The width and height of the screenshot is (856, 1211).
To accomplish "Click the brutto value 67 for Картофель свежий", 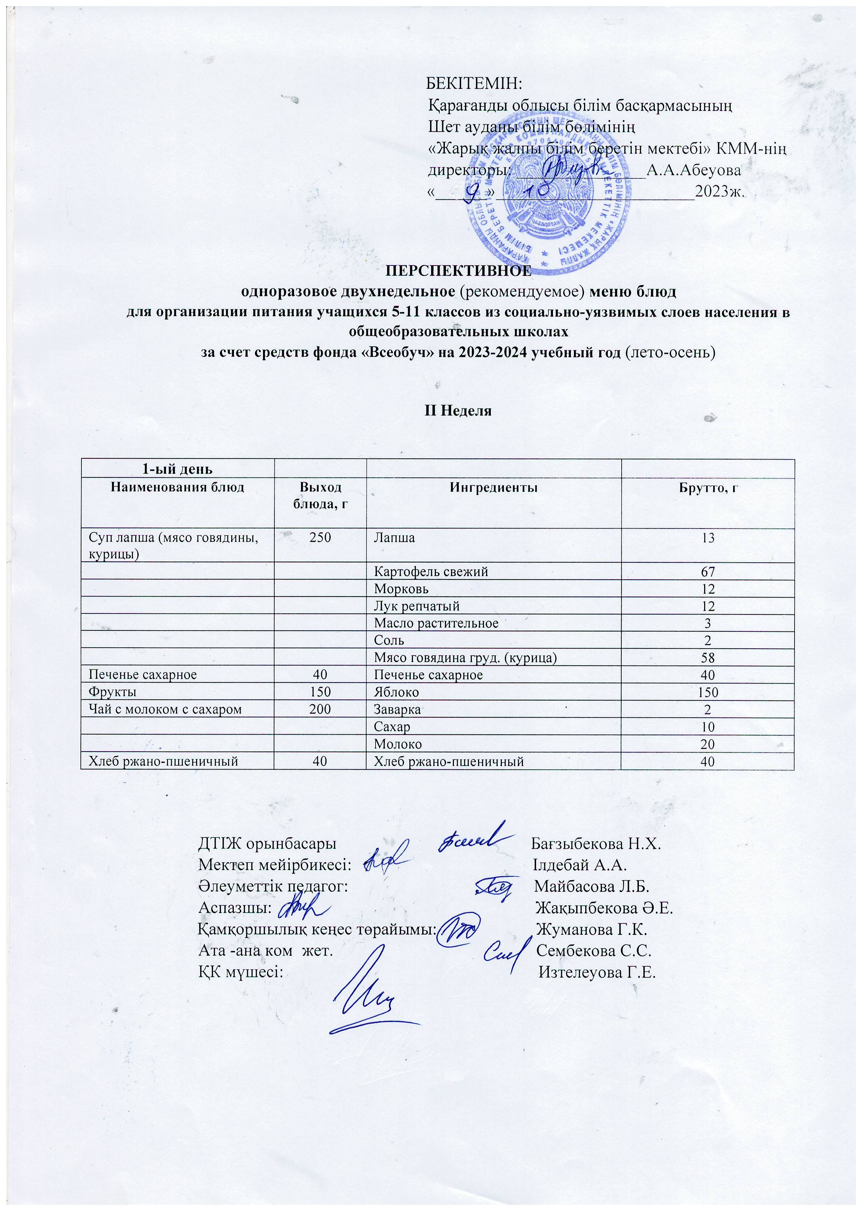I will (x=707, y=572).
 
